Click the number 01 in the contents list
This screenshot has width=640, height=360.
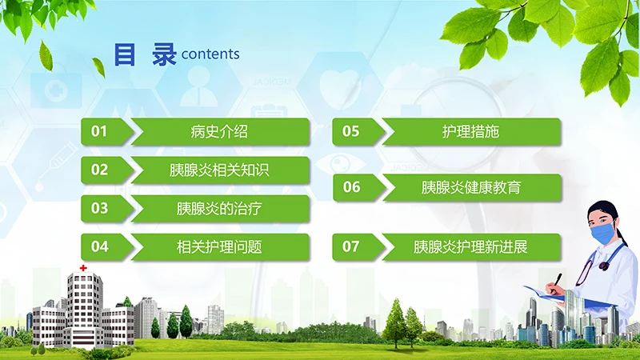tap(99, 132)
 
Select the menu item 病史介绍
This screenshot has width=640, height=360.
tap(219, 132)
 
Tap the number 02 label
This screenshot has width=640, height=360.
tap(99, 170)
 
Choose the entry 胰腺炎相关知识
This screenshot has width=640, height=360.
tap(219, 170)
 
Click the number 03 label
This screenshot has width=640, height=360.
tap(99, 209)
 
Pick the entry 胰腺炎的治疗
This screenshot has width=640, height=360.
tap(219, 209)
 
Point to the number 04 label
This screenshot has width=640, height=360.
tap(99, 246)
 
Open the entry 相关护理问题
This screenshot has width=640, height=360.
tap(219, 246)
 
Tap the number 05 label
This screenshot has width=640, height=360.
tap(351, 132)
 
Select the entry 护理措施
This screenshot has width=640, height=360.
tap(470, 132)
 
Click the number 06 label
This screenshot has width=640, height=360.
tap(351, 187)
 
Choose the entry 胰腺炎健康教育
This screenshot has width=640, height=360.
tap(470, 187)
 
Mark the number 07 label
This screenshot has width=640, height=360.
tap(351, 246)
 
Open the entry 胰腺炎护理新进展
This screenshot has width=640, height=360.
tap(470, 246)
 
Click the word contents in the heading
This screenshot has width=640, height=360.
tap(210, 54)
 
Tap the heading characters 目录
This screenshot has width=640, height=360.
tap(144, 54)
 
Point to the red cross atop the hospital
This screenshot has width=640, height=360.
tap(82, 267)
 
